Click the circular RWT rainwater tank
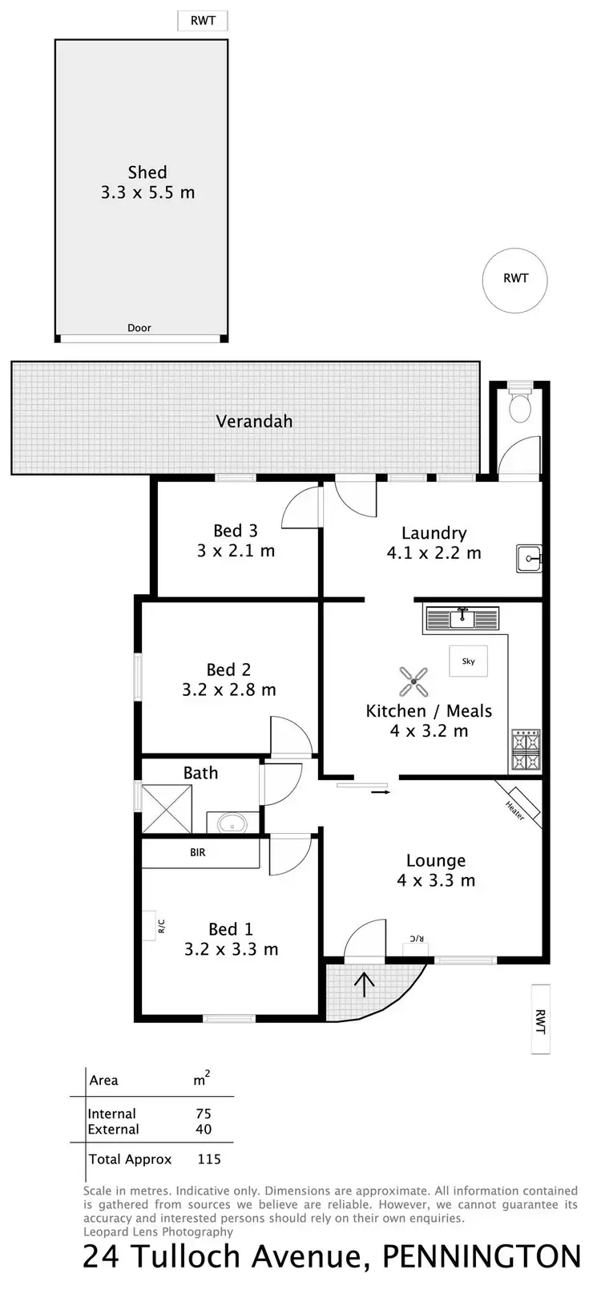click(515, 279)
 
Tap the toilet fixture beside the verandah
click(521, 406)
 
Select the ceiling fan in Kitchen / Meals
click(413, 682)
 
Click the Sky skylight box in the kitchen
click(468, 661)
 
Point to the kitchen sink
click(462, 619)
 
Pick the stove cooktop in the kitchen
click(526, 750)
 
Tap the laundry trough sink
click(529, 558)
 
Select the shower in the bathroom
click(167, 809)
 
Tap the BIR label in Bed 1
click(198, 852)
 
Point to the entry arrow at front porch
click(365, 984)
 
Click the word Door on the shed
click(139, 328)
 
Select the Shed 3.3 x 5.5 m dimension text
click(147, 192)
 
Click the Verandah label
click(254, 421)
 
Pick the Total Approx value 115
click(208, 1159)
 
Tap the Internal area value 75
click(204, 1114)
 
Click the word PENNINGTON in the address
click(481, 1257)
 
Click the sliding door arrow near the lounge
click(381, 792)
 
